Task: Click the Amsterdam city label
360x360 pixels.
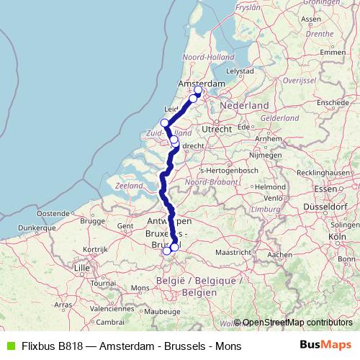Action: pyautogui.click(x=206, y=84)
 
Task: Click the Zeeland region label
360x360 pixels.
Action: pyautogui.click(x=129, y=186)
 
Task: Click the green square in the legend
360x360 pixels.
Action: pyautogui.click(x=9, y=346)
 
